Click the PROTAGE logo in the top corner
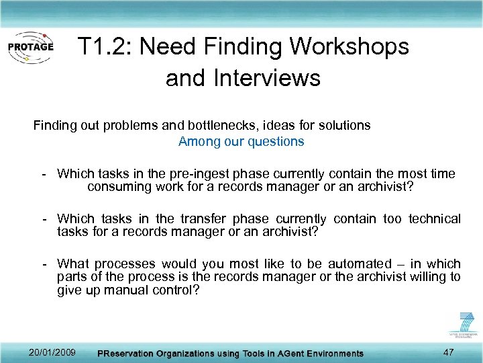30,48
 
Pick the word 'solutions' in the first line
345,125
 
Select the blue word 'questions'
276,142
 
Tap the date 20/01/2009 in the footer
52,352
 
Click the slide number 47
448,352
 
